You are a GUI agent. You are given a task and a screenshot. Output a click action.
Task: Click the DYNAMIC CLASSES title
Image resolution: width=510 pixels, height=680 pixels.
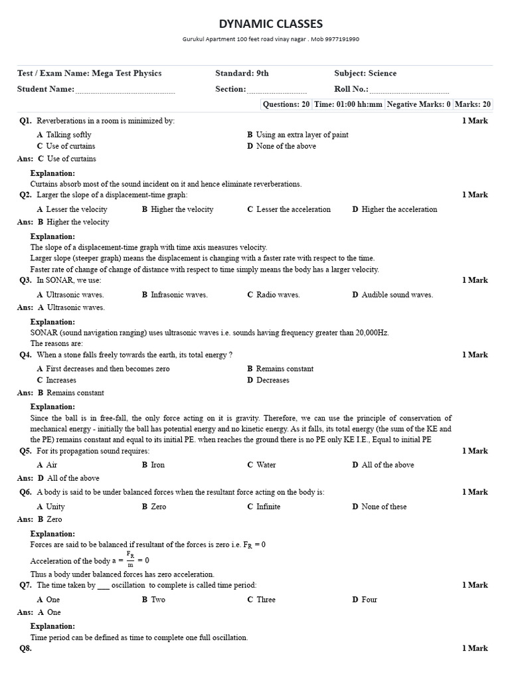click(271, 24)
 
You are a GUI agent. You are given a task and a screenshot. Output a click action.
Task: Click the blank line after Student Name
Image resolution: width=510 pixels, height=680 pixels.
click(125, 90)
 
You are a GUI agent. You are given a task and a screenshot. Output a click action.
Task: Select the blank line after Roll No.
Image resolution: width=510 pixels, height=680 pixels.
click(409, 90)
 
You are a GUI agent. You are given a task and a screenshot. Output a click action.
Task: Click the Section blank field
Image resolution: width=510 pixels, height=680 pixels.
click(277, 90)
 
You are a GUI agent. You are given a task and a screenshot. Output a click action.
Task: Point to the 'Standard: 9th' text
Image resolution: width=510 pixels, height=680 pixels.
click(242, 74)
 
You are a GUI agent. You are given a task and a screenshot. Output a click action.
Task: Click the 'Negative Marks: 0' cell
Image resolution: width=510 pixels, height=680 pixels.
click(418, 104)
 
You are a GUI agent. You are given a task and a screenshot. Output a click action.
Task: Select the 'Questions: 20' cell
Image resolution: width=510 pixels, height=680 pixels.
click(286, 104)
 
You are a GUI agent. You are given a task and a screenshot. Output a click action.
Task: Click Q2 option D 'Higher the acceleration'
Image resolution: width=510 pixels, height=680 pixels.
click(398, 209)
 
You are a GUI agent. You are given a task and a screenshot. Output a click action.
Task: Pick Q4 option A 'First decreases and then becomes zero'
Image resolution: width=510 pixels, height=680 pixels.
click(108, 369)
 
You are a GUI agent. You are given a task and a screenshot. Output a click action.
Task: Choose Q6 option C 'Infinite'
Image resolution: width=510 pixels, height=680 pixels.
click(268, 507)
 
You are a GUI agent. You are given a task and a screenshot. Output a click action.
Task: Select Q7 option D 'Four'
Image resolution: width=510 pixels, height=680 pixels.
click(369, 600)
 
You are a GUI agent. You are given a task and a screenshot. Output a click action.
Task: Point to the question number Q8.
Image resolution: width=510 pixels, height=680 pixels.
click(25, 649)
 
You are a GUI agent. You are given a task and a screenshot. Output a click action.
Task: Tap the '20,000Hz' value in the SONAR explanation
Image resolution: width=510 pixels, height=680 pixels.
click(373, 333)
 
